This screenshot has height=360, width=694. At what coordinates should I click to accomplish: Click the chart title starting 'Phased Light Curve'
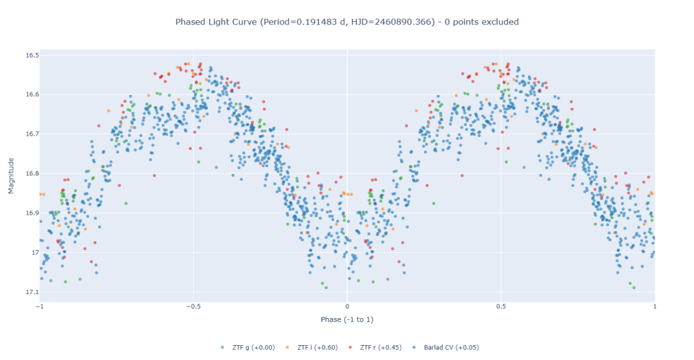pyautogui.click(x=347, y=22)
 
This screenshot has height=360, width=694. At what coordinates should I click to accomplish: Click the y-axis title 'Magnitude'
pyautogui.click(x=11, y=176)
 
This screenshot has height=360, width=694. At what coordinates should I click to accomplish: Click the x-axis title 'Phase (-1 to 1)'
pyautogui.click(x=347, y=319)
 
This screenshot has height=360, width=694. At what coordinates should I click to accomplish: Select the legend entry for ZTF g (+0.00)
pyautogui.click(x=248, y=348)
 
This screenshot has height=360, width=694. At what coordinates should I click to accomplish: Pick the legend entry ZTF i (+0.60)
pyautogui.click(x=312, y=348)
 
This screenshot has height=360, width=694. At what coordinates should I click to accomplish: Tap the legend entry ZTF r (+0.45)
pyautogui.click(x=375, y=348)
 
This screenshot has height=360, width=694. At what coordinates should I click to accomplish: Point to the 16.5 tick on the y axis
pyautogui.click(x=32, y=56)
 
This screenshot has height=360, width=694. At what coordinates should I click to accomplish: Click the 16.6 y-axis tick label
pyautogui.click(x=32, y=94)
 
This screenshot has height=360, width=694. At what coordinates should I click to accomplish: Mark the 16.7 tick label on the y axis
pyautogui.click(x=32, y=134)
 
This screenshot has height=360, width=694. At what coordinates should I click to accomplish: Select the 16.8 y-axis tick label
pyautogui.click(x=32, y=174)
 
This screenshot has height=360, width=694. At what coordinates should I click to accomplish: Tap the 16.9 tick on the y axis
pyautogui.click(x=32, y=213)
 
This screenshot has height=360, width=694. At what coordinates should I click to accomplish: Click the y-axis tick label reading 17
pyautogui.click(x=35, y=252)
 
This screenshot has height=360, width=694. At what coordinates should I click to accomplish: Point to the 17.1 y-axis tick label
pyautogui.click(x=32, y=292)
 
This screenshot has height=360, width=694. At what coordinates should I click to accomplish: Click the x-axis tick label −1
pyautogui.click(x=40, y=306)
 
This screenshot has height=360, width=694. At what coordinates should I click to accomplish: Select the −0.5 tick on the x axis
pyautogui.click(x=193, y=306)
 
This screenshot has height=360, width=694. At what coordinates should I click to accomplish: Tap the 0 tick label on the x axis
pyautogui.click(x=347, y=306)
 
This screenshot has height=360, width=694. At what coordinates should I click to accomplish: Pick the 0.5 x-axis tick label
pyautogui.click(x=501, y=306)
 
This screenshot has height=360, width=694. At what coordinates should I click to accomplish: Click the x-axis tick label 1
pyautogui.click(x=655, y=306)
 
